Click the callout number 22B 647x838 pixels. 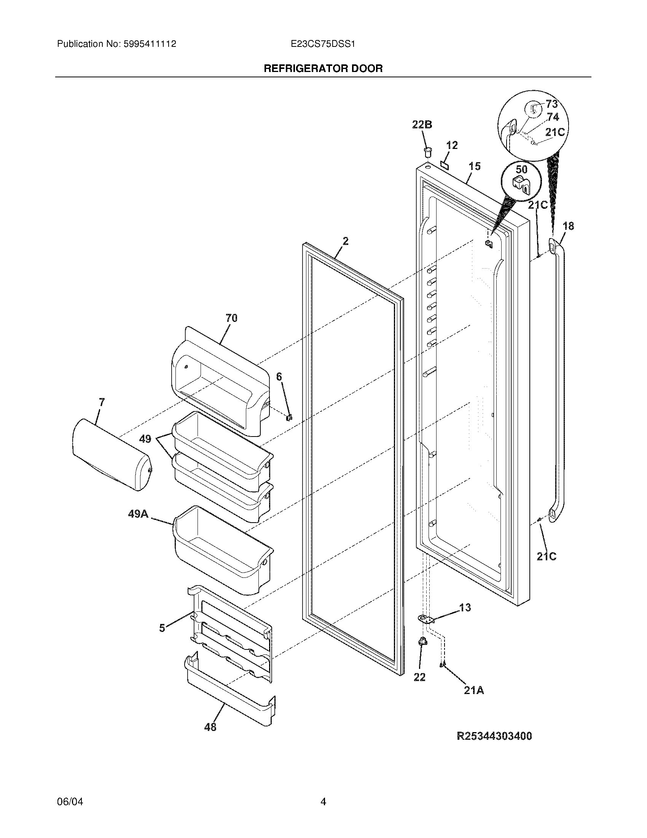[x=422, y=125]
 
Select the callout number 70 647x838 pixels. [x=231, y=318]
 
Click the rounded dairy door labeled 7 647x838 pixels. [x=111, y=455]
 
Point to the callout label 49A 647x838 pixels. [x=138, y=514]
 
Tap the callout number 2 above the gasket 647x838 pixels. [x=345, y=241]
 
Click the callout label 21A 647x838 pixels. [x=474, y=691]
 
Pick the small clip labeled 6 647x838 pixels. [x=290, y=417]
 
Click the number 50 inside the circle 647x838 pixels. [x=521, y=170]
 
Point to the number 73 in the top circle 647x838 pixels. [x=551, y=104]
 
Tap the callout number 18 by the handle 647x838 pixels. [x=568, y=226]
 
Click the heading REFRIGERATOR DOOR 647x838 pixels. [x=323, y=69]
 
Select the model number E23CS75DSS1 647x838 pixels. [x=323, y=44]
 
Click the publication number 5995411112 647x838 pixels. [x=150, y=44]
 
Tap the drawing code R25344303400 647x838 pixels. [x=494, y=736]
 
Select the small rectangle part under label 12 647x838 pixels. [x=445, y=164]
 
